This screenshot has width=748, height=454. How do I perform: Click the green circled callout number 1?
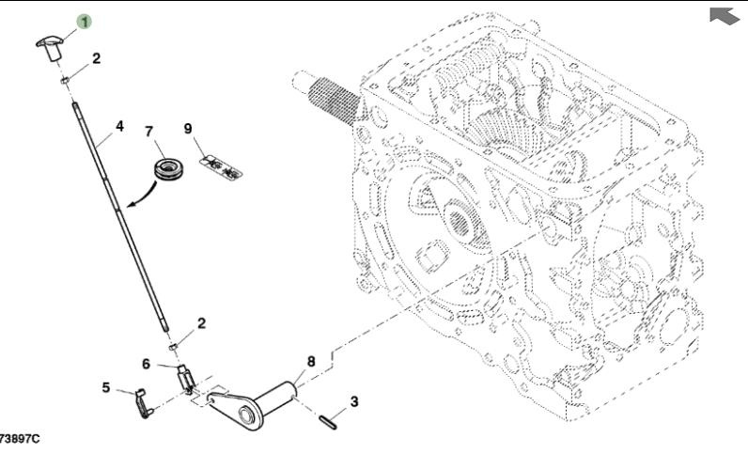pos(85,21)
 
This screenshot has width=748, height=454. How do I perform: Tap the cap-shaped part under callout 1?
pos(53,43)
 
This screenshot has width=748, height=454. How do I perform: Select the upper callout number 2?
pos(96,58)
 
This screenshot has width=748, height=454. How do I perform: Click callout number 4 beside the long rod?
pos(119,124)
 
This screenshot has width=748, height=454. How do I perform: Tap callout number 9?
pos(187,128)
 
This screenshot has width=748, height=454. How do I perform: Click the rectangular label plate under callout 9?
pos(218,166)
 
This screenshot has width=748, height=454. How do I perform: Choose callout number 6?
pos(146,364)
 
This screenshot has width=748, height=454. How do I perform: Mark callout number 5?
pos(106,386)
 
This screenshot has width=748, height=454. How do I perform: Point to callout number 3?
pos(353,402)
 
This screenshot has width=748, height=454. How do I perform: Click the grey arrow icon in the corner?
pos(724,14)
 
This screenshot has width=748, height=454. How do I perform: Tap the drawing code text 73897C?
pos(21,439)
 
